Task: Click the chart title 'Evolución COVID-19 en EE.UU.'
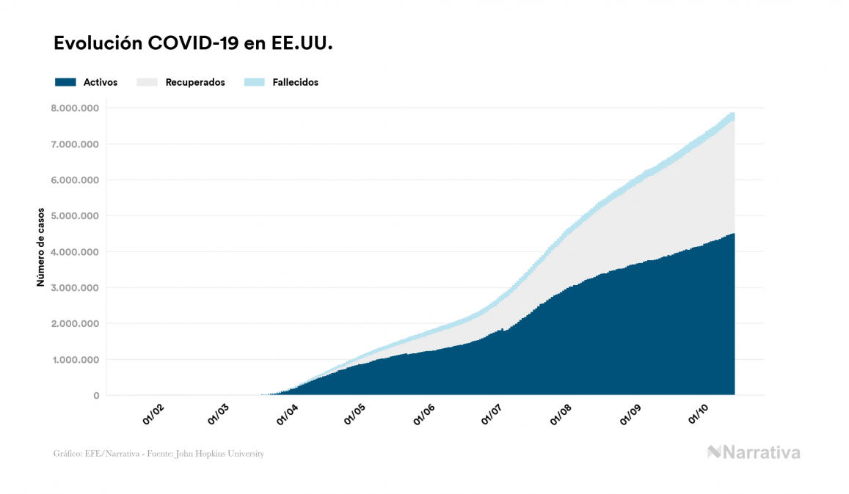[193, 44]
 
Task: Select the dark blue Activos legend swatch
[65, 82]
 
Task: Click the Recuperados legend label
[195, 82]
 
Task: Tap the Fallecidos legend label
[295, 82]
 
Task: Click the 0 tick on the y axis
[95, 396]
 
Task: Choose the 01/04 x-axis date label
[287, 415]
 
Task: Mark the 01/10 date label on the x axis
[699, 415]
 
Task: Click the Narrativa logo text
[761, 452]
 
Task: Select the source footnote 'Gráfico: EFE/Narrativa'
[158, 454]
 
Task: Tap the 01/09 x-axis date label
[630, 415]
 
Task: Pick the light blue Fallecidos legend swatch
[253, 82]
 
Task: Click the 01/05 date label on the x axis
[354, 415]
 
